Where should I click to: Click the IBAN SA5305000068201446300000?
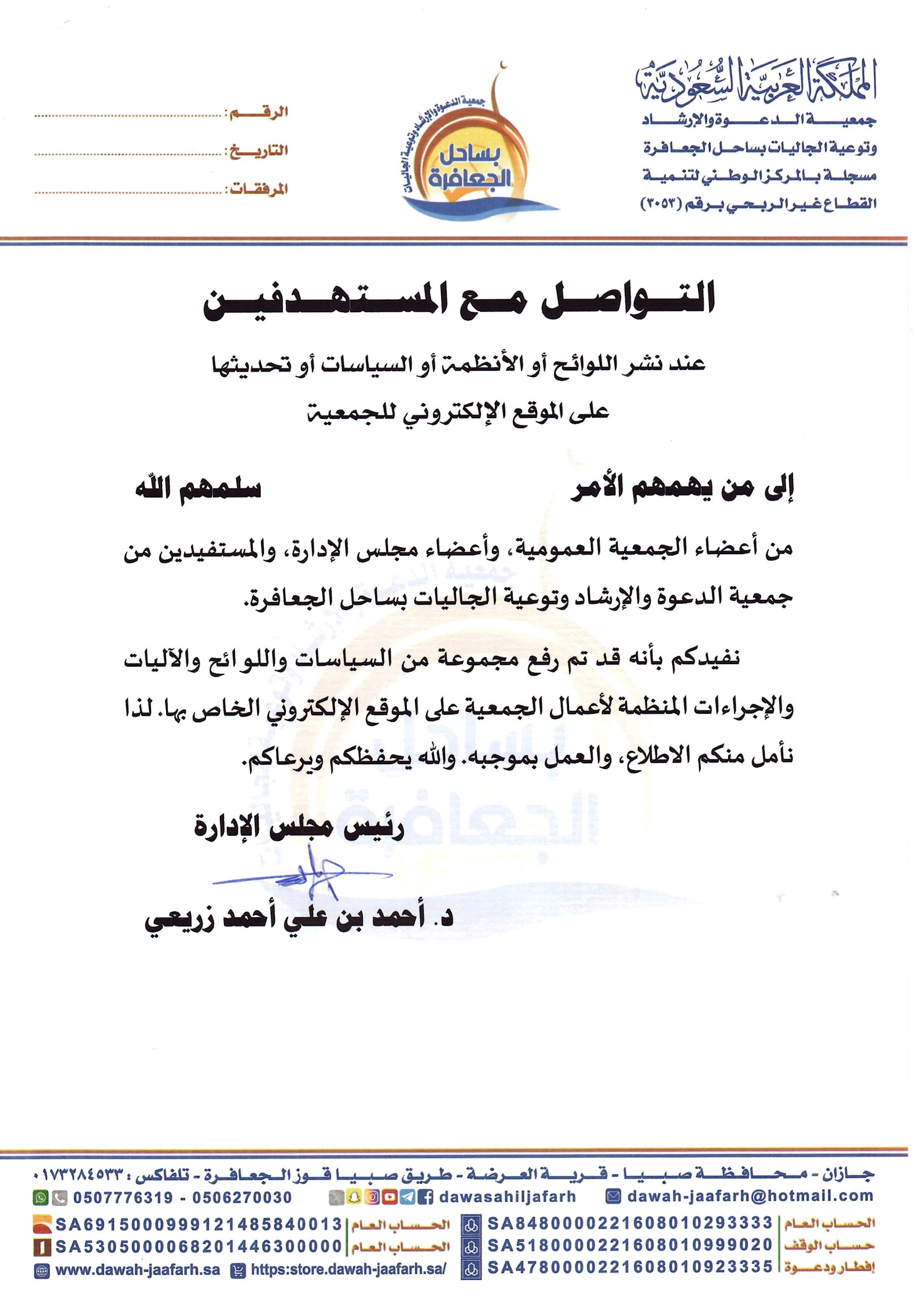tap(199, 1257)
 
